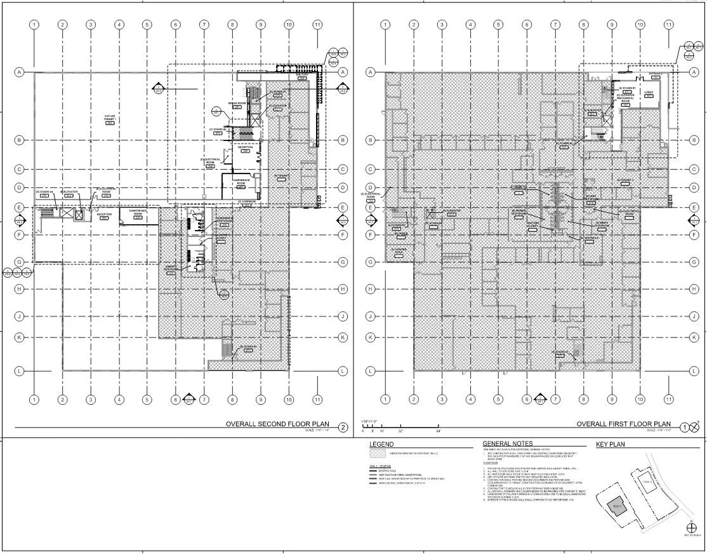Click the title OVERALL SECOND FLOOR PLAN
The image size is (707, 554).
coord(281,424)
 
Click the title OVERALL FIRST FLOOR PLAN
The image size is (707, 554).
coord(623,424)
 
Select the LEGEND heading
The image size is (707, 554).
coord(381,445)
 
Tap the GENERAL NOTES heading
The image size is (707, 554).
coord(508,443)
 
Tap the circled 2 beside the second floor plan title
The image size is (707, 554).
coord(343,428)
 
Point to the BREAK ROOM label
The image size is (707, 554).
coord(237,103)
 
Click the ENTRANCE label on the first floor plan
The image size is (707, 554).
coord(655,74)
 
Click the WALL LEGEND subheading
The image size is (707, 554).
coord(379,466)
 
